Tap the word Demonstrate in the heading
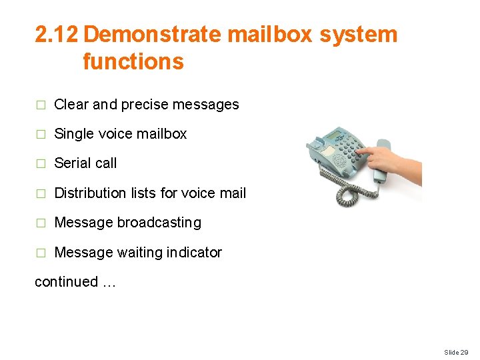pyautogui.click(x=150, y=35)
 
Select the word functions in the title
pyautogui.click(x=133, y=61)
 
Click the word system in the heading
pyautogui.click(x=358, y=35)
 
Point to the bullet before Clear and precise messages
pyautogui.click(x=40, y=105)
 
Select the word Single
pyautogui.click(x=73, y=133)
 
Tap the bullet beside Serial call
pyautogui.click(x=40, y=163)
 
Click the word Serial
pyautogui.click(x=71, y=163)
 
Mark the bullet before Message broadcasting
pyautogui.click(x=40, y=223)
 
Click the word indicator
pyautogui.click(x=196, y=252)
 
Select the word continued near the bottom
pyautogui.click(x=66, y=281)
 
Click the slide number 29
pyautogui.click(x=464, y=351)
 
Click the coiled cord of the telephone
pyautogui.click(x=353, y=193)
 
